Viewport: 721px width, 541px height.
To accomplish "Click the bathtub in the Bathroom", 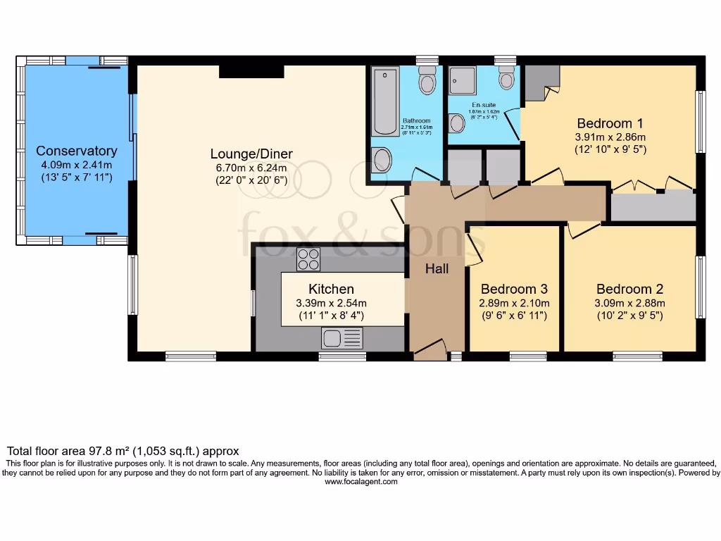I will coord(384,101).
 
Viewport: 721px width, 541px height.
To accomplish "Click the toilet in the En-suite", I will coord(506,78).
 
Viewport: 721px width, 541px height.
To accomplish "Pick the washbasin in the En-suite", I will coord(456,124).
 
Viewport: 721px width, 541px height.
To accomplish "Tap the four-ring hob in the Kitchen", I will coord(308,259).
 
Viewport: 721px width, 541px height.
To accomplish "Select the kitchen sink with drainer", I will coord(341,338).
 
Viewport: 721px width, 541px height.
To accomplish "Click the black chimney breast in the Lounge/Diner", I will coord(251,71).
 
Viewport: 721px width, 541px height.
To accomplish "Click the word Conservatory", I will coord(76,151).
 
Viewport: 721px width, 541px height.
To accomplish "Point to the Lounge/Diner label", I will coord(251,154).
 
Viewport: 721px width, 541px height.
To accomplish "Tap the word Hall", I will coord(437,268).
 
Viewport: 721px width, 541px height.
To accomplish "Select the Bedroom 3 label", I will coord(514,289).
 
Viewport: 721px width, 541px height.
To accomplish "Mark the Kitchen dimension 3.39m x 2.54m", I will coord(331,303).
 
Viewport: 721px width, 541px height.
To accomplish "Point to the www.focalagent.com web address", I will coord(360,483).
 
